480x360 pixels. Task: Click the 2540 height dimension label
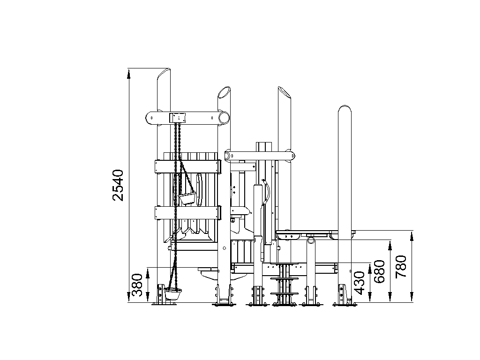118,185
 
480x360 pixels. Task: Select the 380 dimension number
137,285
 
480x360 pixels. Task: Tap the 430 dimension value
360,283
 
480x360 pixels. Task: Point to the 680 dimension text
380,271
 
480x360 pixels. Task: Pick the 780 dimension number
401,267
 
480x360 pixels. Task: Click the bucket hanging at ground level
172,293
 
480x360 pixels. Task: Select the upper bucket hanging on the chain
187,199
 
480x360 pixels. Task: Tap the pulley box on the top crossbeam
178,118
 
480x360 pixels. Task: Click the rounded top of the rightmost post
345,110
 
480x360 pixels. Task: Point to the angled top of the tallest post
164,74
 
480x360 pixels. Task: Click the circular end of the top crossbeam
224,117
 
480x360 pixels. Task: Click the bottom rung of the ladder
285,293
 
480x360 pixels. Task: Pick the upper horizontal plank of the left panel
188,166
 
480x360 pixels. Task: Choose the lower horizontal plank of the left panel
188,213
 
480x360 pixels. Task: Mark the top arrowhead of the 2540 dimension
129,73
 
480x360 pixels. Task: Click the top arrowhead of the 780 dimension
412,236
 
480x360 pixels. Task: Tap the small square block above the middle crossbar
264,146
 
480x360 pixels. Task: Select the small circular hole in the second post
224,248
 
